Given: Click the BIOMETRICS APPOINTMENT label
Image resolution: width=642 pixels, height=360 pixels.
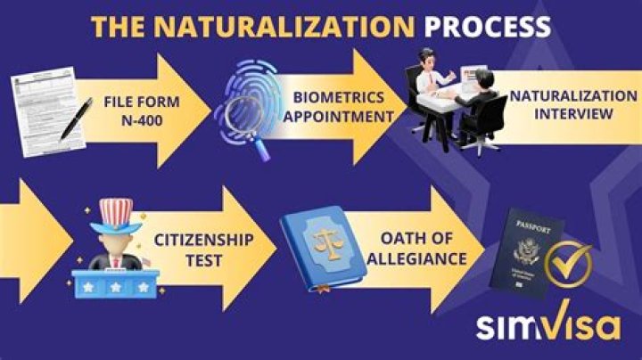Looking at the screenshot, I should (x=338, y=106).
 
